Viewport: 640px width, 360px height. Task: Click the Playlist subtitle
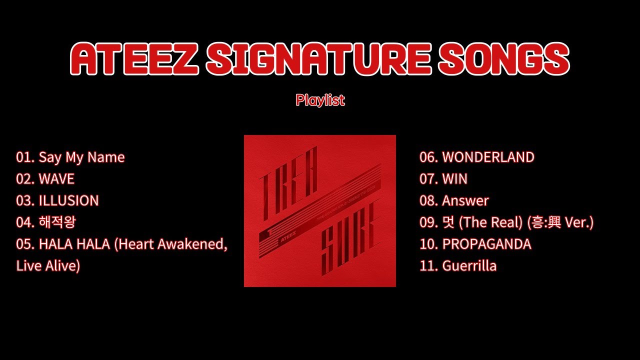coord(320,100)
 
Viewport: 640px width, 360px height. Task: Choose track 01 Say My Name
coord(70,157)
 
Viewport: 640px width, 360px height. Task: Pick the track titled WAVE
coord(56,179)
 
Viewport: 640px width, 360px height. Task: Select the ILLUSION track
coord(68,200)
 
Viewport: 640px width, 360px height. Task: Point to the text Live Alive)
coord(48,266)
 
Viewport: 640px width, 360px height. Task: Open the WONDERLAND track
coord(488,157)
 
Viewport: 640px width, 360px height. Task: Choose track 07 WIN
coord(454,179)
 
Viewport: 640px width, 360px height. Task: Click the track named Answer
coord(465,200)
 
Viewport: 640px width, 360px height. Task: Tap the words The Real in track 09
coord(483,222)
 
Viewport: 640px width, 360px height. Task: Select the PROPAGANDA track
coord(486,244)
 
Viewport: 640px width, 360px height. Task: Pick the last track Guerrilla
coord(469,266)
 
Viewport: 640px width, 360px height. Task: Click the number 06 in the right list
coord(428,157)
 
